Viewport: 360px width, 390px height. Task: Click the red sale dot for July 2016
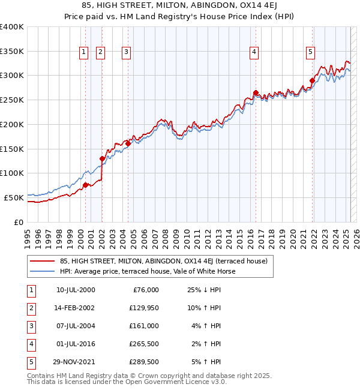coord(256,93)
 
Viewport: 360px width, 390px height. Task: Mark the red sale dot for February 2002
coord(102,158)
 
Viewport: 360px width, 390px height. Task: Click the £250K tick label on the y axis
coord(12,100)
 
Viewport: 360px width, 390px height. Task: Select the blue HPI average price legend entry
coord(148,271)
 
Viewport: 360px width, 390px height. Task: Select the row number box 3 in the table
coord(31,325)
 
